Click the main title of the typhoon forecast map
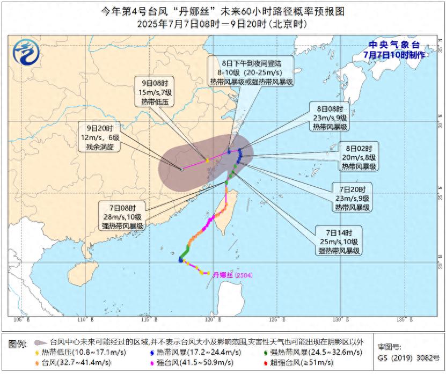(222, 11)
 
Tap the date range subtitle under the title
(222, 24)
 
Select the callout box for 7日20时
(352, 198)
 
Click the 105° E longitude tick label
(21, 320)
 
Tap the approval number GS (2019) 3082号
(408, 357)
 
